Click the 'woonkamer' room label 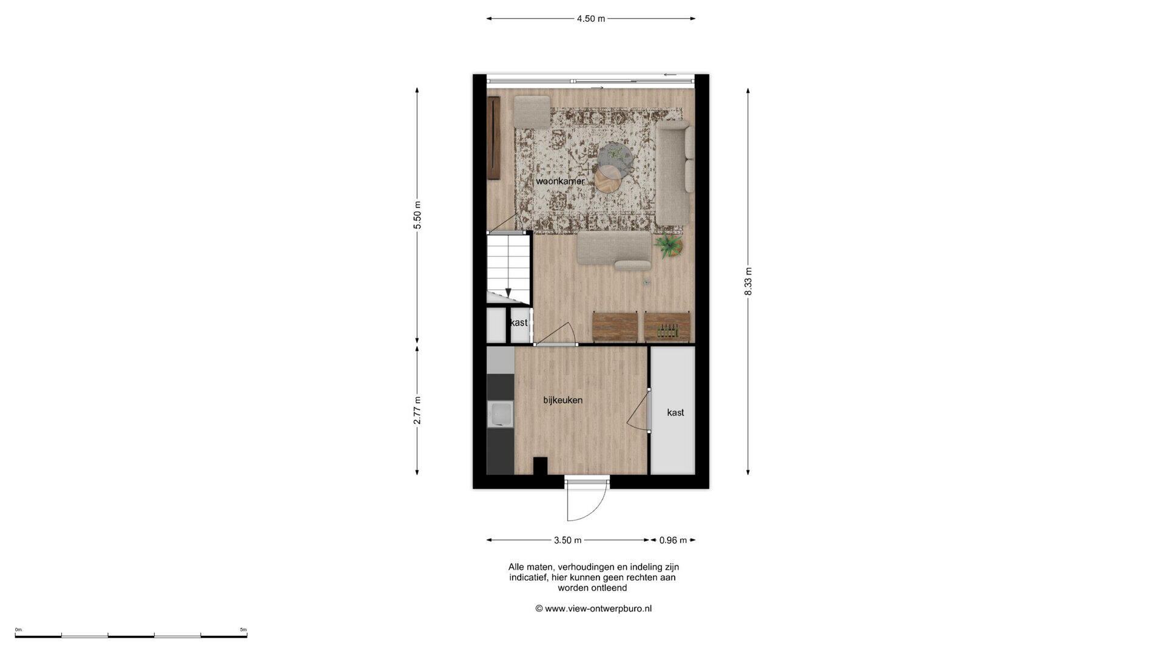click(x=560, y=181)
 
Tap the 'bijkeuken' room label click(x=563, y=400)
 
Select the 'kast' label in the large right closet click(x=675, y=412)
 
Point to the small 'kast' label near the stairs click(x=519, y=323)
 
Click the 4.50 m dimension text click(x=591, y=18)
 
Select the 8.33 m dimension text click(x=748, y=281)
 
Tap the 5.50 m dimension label click(x=417, y=215)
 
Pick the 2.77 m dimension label click(x=417, y=411)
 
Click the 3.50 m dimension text click(x=568, y=540)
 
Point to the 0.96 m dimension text click(x=673, y=540)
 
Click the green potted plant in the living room click(x=668, y=246)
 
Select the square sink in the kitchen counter click(x=500, y=414)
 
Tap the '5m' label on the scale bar click(x=243, y=630)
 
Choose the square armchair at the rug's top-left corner click(x=532, y=112)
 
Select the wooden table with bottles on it click(x=667, y=327)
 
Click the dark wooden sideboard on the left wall click(x=493, y=138)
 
